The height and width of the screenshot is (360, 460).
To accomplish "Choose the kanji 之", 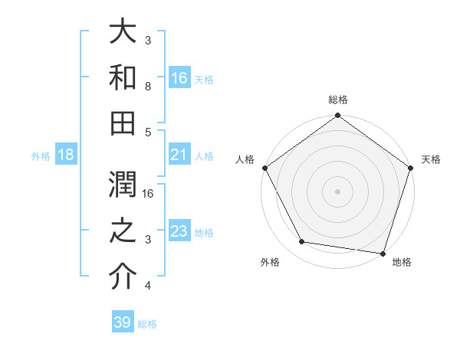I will click(x=123, y=231).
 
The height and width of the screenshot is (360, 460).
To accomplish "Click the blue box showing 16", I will click(x=179, y=77).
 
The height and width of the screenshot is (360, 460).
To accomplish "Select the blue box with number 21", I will click(x=179, y=155).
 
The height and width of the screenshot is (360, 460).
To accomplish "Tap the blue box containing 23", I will click(x=179, y=231).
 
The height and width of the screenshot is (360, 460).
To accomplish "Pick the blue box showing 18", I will click(x=66, y=155).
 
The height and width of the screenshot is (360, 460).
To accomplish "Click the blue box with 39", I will click(x=123, y=323).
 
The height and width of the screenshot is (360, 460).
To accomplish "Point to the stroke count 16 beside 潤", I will click(x=149, y=193).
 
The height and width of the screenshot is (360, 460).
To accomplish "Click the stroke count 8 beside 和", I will click(x=148, y=87).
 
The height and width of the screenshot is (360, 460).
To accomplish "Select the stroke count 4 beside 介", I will click(x=148, y=286).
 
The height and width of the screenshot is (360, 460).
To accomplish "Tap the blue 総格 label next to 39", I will click(x=148, y=324).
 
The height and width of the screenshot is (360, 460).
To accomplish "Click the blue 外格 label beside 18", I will click(x=41, y=156).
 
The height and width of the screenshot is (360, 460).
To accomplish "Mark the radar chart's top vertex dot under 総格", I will click(x=337, y=116).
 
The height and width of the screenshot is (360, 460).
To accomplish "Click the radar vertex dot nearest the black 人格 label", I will click(x=264, y=168).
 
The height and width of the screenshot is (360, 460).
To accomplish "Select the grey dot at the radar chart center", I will click(x=337, y=191).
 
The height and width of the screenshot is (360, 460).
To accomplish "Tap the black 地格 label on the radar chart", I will click(x=402, y=263).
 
